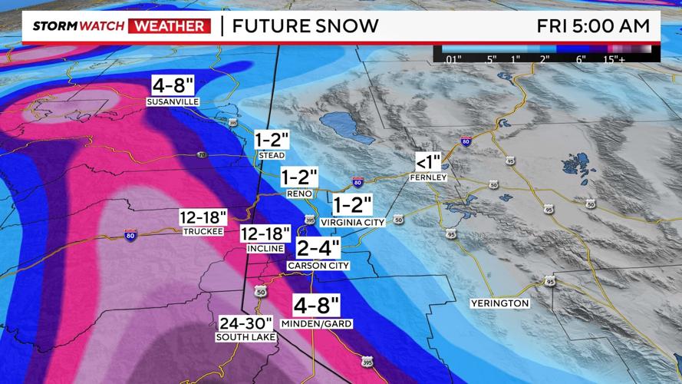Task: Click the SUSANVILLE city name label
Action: click(173, 101)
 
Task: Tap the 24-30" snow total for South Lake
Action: click(245, 323)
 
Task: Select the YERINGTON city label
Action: click(500, 303)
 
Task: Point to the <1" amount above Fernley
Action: click(429, 162)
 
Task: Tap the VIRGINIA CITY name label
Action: click(352, 221)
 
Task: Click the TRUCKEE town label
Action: click(203, 232)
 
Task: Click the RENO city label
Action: click(299, 194)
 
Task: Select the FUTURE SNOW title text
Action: click(305, 26)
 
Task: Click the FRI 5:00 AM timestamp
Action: click(593, 26)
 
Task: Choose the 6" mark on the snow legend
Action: click(581, 58)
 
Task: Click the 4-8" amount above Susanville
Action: click(173, 84)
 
